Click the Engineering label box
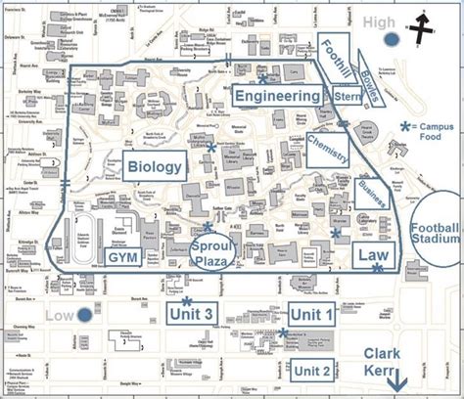277,95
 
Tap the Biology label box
154,166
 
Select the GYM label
120,257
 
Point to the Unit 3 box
193,313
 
